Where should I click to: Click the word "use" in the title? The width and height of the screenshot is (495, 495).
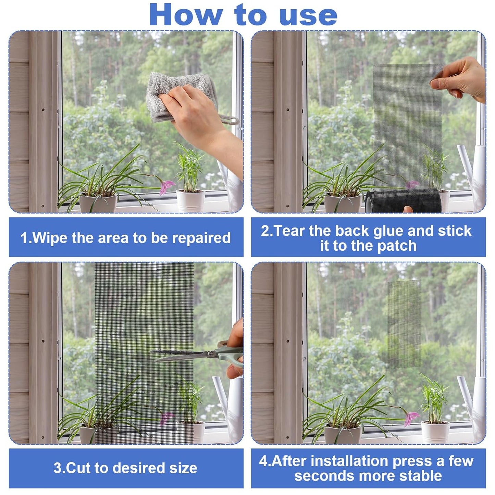tap(308, 16)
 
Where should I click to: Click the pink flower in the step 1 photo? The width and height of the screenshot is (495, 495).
tap(167, 187)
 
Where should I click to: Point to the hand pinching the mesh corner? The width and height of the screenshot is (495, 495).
tap(461, 79)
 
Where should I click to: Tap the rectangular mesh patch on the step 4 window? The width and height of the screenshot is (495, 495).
tap(404, 324)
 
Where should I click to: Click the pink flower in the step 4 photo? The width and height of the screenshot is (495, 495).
tap(411, 418)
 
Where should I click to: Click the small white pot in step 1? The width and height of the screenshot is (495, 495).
tap(190, 200)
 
